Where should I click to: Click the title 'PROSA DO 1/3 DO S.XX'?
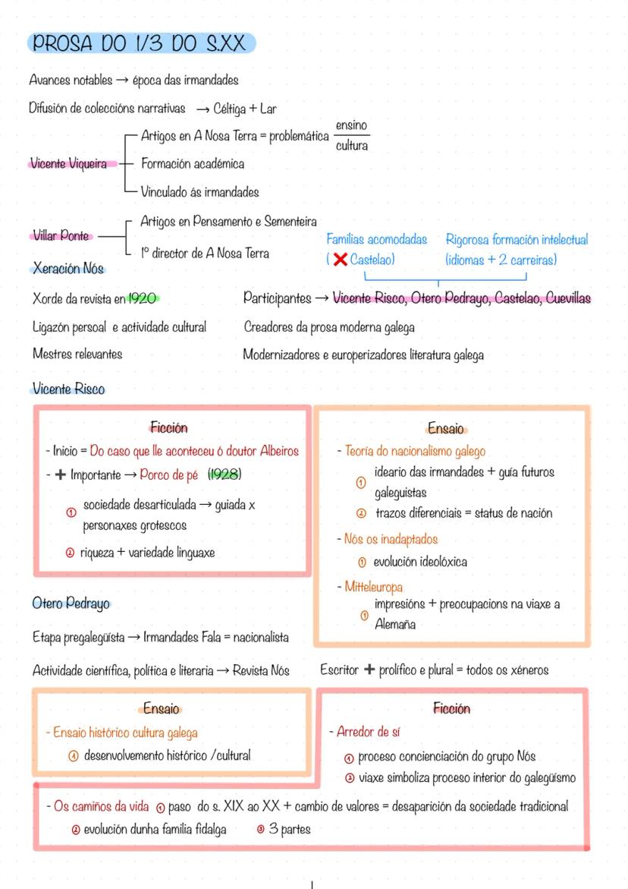tap(140, 44)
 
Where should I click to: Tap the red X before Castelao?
tap(340, 260)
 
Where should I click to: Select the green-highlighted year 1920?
tap(143, 298)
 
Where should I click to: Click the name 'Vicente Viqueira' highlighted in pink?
tap(68, 164)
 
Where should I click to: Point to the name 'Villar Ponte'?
tap(61, 236)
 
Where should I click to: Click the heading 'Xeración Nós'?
tap(68, 268)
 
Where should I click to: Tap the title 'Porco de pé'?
tap(168, 475)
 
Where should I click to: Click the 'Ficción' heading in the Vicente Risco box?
tap(168, 428)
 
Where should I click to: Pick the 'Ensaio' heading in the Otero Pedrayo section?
tap(162, 708)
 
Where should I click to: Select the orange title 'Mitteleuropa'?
tap(373, 587)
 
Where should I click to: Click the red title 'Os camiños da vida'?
tap(101, 806)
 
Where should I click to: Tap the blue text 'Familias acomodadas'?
tap(377, 240)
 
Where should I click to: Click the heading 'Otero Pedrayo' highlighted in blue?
tap(71, 604)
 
